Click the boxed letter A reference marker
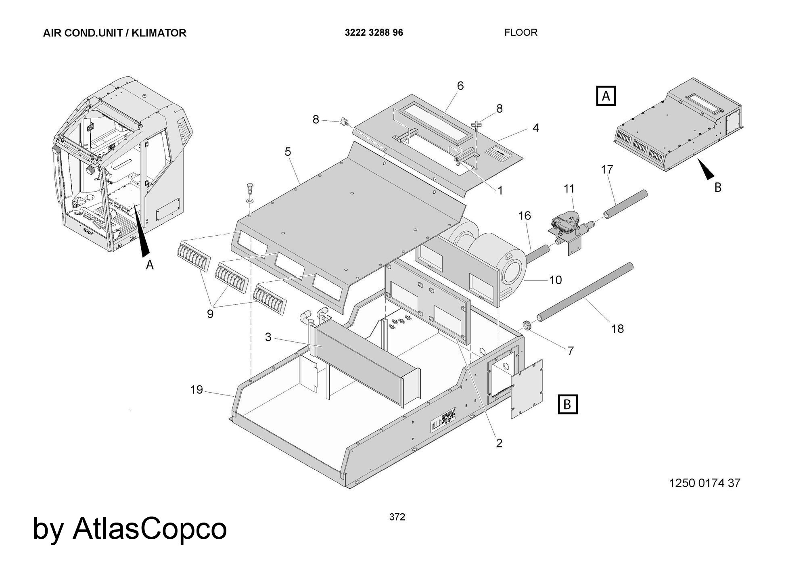pyautogui.click(x=606, y=96)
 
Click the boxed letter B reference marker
pyautogui.click(x=567, y=404)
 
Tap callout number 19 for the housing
pyautogui.click(x=197, y=390)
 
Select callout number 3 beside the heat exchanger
pyautogui.click(x=268, y=337)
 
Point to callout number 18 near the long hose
pyautogui.click(x=617, y=329)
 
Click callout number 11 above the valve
pyautogui.click(x=569, y=188)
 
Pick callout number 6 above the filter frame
pyautogui.click(x=460, y=86)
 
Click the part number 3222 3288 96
pyautogui.click(x=374, y=33)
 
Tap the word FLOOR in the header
pyautogui.click(x=521, y=32)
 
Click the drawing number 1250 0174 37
pyautogui.click(x=705, y=483)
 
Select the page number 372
pyautogui.click(x=397, y=517)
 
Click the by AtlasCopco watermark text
pyautogui.click(x=130, y=528)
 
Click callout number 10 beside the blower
pyautogui.click(x=555, y=280)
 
